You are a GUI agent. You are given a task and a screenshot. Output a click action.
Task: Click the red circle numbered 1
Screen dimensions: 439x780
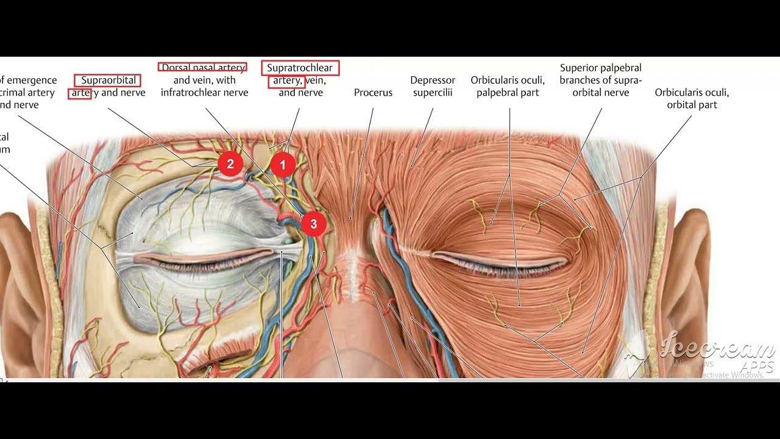click(x=283, y=165)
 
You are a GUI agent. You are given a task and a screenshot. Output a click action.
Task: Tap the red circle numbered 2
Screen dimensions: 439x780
click(x=230, y=164)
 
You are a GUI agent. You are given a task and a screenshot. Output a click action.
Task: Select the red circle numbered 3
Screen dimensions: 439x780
click(x=313, y=224)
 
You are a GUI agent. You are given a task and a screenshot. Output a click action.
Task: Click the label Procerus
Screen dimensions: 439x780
click(x=373, y=93)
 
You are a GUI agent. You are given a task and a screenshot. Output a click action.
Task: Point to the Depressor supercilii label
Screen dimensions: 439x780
click(x=433, y=87)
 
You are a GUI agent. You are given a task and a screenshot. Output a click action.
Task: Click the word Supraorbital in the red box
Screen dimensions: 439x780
click(x=107, y=80)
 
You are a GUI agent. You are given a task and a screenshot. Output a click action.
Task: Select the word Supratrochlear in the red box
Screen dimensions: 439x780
click(x=300, y=68)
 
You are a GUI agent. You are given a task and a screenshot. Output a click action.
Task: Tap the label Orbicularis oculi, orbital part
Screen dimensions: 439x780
click(x=692, y=99)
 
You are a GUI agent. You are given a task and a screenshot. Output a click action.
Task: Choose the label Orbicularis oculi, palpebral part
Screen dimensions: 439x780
click(x=508, y=87)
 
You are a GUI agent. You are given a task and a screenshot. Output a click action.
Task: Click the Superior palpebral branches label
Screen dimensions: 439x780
click(x=600, y=80)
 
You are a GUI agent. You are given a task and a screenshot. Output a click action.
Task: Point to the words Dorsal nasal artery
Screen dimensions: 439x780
click(x=203, y=67)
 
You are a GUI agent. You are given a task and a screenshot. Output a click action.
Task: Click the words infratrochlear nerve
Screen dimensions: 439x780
click(x=205, y=93)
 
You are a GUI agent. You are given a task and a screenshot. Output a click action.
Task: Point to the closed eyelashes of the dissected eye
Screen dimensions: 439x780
click(x=201, y=263)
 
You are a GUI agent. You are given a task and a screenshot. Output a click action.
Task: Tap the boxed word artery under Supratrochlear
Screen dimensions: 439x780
click(x=286, y=80)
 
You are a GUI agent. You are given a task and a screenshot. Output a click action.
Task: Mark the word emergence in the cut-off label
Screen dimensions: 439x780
click(x=32, y=80)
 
